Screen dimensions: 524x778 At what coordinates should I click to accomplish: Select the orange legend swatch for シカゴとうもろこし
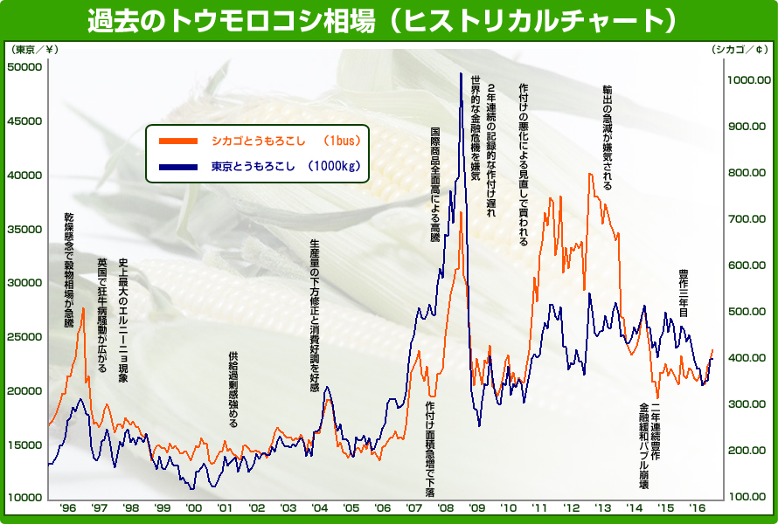(x=179, y=140)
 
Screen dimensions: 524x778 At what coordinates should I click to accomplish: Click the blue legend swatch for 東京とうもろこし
(x=179, y=166)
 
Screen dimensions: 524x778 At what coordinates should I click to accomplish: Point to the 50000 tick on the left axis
(x=25, y=67)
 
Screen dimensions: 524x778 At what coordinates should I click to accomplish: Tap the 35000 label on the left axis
(x=25, y=229)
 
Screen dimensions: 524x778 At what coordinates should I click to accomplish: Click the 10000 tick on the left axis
(x=25, y=498)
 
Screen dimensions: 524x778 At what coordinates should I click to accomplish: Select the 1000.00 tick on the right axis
(x=748, y=80)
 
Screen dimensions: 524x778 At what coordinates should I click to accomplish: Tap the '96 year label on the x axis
(x=67, y=507)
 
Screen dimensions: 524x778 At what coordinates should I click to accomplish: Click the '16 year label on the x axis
(x=697, y=507)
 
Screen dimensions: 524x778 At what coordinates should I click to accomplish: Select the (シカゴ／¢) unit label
(x=740, y=49)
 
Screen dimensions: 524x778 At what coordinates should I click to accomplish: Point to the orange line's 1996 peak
(x=84, y=308)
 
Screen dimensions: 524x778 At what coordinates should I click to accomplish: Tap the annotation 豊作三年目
(x=684, y=292)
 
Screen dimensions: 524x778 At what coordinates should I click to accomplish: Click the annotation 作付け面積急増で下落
(x=430, y=451)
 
